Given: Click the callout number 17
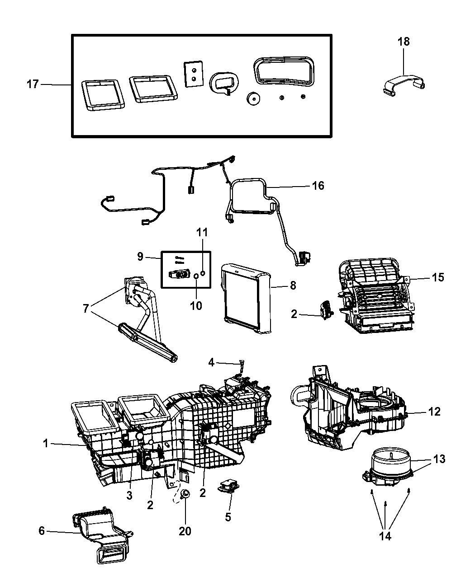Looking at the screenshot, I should (33, 84).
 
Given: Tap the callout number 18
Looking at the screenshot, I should (404, 42).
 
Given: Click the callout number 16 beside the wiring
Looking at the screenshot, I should (318, 185).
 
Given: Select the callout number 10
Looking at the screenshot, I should (196, 305).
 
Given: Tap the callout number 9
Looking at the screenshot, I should (140, 256).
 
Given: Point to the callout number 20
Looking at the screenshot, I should (185, 531).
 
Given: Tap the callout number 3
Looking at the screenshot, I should (129, 495).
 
